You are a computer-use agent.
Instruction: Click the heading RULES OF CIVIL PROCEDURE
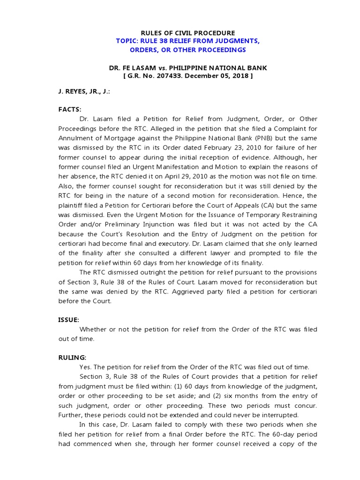point(181,33)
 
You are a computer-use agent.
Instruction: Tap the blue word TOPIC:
point(127,41)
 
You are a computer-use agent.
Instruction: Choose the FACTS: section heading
point(70,109)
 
